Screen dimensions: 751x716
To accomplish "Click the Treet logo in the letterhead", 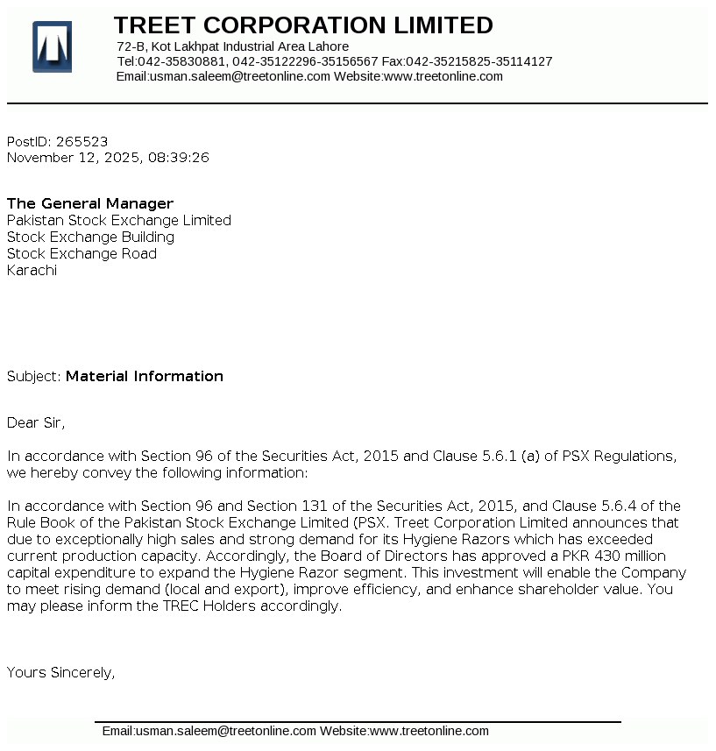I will pyautogui.click(x=52, y=46).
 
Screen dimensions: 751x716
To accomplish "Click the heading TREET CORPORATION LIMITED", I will pyautogui.click(x=303, y=25).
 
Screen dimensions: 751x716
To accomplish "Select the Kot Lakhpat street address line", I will pyautogui.click(x=232, y=46).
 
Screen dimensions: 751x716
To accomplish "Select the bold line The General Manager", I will pyautogui.click(x=90, y=204).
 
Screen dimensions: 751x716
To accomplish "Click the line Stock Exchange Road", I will pyautogui.click(x=82, y=254).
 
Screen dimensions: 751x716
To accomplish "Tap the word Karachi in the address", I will pyautogui.click(x=32, y=271).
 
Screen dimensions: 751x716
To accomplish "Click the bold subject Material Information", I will pyautogui.click(x=145, y=377).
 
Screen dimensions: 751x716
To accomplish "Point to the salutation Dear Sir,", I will pyautogui.click(x=36, y=423).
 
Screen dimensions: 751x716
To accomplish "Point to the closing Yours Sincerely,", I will pyautogui.click(x=61, y=673).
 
